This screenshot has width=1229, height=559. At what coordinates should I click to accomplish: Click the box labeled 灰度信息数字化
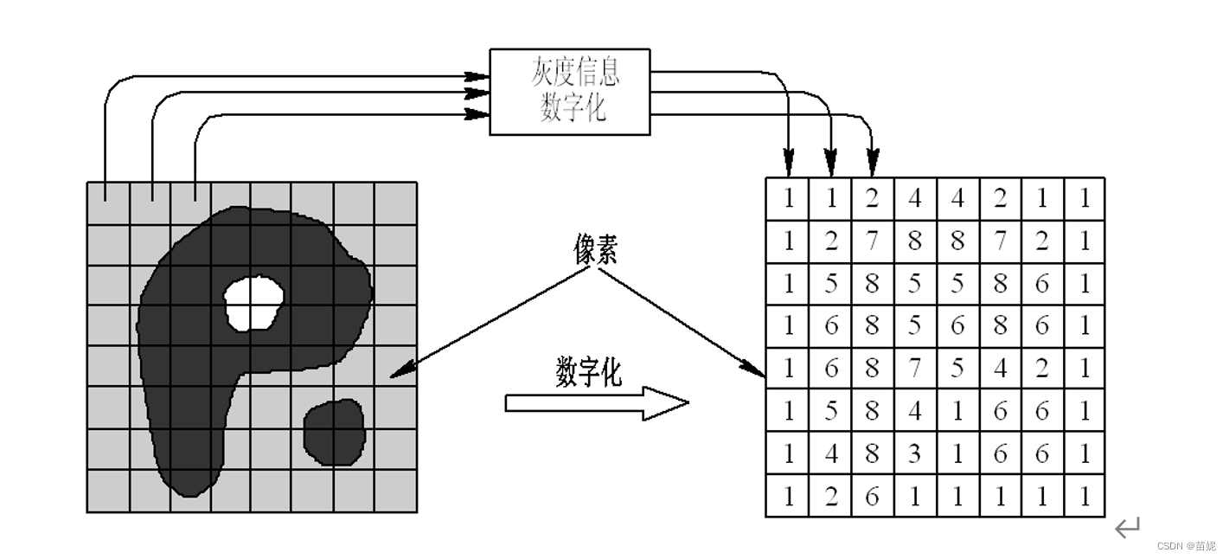[569, 92]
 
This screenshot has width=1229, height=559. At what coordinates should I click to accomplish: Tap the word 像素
[596, 249]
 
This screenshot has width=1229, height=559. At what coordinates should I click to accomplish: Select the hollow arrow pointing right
[597, 403]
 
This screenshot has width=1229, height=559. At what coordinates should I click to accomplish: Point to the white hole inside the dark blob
[253, 303]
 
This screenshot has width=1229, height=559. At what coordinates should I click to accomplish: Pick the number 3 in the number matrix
[915, 453]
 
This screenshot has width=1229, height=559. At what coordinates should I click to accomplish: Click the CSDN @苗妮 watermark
[1186, 546]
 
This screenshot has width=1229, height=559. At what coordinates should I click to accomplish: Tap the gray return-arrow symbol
[1127, 528]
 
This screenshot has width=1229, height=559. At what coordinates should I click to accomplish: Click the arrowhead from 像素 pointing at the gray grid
[397, 374]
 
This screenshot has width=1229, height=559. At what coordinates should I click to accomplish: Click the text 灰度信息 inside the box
[575, 73]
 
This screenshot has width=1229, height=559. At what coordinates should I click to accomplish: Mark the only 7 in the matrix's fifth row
[915, 369]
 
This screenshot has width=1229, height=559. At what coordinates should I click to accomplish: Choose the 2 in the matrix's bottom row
[831, 497]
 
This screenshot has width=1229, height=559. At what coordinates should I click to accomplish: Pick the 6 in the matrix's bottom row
[873, 497]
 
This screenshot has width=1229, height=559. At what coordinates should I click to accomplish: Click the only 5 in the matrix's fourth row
[915, 326]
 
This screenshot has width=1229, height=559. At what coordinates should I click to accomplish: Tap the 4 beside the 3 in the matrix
[831, 453]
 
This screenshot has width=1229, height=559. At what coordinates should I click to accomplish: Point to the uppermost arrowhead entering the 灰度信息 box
[478, 76]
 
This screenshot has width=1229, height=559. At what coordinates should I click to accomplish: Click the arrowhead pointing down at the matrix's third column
[873, 164]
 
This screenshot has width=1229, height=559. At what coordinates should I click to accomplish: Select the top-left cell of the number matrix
[788, 199]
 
